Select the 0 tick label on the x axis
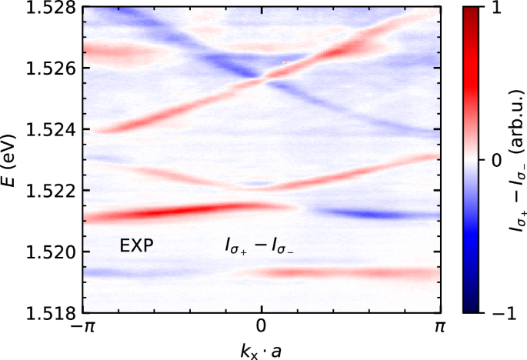262,327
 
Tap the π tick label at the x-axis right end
439,327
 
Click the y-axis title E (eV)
13,160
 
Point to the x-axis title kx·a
262,348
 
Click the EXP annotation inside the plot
137,246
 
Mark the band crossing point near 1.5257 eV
262,77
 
